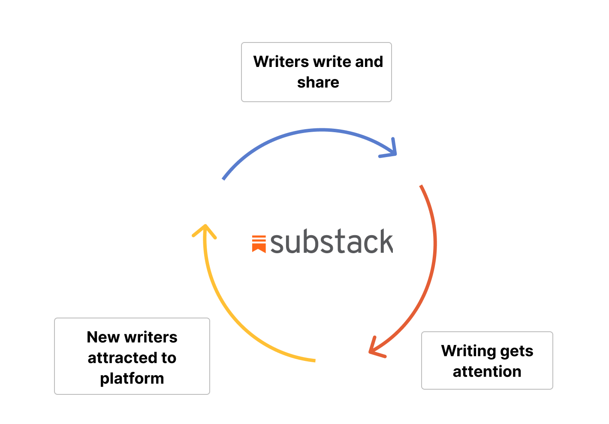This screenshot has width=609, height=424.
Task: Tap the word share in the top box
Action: [318, 82]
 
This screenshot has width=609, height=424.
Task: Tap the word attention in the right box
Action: [487, 372]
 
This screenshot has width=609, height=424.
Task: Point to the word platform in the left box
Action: [132, 379]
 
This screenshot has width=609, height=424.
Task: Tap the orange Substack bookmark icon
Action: [259, 243]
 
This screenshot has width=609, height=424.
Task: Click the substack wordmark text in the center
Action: [331, 242]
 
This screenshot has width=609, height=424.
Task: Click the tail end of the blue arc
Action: [223, 179]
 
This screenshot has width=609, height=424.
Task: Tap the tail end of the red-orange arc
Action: [421, 186]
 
